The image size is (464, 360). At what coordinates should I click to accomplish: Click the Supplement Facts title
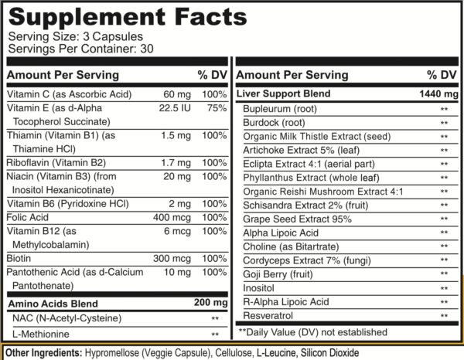click(116, 15)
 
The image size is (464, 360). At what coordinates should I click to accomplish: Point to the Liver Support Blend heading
click(285, 94)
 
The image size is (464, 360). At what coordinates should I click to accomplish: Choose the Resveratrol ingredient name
click(267, 316)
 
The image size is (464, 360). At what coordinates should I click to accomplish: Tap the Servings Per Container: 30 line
click(68, 49)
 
